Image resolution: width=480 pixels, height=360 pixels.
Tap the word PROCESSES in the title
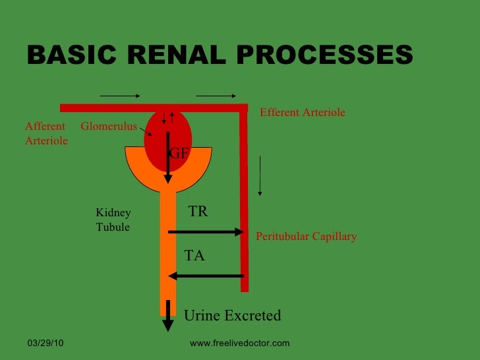point(320,56)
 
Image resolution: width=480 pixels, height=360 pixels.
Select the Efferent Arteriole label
point(302,113)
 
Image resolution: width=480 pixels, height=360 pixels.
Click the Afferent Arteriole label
point(45,133)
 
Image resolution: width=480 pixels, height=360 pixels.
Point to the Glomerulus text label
point(108,126)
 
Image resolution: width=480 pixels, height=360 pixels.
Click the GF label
point(179,154)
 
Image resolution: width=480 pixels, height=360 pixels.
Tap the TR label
point(198,212)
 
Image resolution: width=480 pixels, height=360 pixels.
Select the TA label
point(194,256)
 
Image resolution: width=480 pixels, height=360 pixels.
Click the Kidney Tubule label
point(113,220)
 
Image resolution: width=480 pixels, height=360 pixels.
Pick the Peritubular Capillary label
point(306,236)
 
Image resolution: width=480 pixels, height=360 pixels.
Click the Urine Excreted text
point(232,316)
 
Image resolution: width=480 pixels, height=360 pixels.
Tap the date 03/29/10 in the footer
point(45,344)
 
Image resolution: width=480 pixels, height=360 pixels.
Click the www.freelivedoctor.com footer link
point(239,344)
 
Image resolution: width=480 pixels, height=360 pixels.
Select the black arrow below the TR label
point(206,231)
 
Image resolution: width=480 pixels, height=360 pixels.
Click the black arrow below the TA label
point(206,276)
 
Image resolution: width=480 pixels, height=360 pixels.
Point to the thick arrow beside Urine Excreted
point(168,315)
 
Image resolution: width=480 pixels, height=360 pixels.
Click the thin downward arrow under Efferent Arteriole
point(260,176)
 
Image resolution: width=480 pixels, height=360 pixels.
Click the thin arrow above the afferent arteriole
point(119,96)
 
